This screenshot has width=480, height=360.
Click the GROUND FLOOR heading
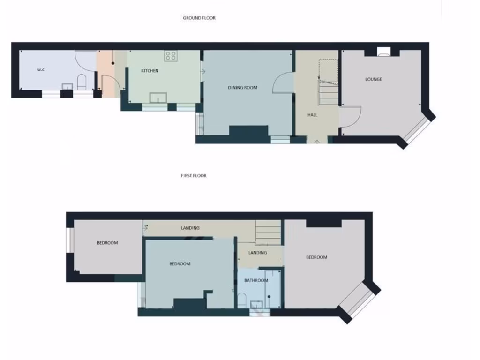pos(199,18)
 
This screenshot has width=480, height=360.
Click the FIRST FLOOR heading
pos(194,176)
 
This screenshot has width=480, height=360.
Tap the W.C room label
pos(41,70)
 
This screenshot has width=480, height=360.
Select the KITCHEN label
pos(150,71)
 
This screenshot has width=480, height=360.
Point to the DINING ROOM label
pos(242,88)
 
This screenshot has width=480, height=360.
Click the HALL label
pos(312,114)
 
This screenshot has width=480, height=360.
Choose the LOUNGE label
pos(374,79)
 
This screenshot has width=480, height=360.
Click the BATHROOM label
pos(256,280)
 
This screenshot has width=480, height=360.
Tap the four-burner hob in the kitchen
pos(171,56)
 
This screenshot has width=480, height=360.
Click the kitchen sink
pos(158,97)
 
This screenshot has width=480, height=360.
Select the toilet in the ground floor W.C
pos(82,82)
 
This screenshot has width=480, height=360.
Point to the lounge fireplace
pos(383,52)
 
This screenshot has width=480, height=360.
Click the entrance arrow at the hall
pos(317,140)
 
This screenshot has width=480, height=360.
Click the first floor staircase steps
pos(268,232)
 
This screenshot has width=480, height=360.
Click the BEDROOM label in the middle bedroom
pos(180,264)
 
